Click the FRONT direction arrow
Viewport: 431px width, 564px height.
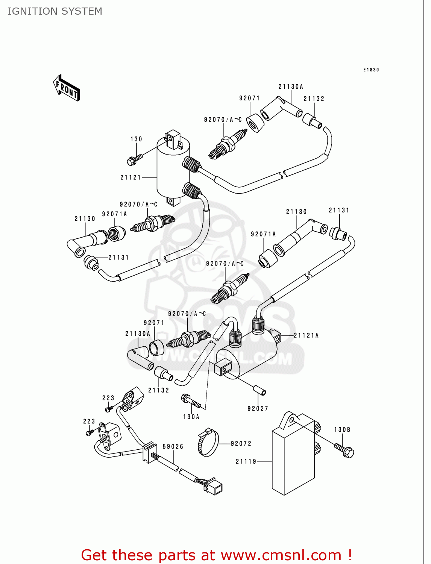pyautogui.click(x=67, y=88)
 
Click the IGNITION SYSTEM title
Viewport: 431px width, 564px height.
pyautogui.click(x=55, y=11)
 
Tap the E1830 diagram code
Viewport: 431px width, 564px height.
pyautogui.click(x=371, y=70)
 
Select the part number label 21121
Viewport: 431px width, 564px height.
pyautogui.click(x=131, y=177)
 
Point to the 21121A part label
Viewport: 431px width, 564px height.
pyautogui.click(x=306, y=335)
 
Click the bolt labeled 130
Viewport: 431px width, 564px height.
pyautogui.click(x=134, y=159)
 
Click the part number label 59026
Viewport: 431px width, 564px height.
pyautogui.click(x=173, y=447)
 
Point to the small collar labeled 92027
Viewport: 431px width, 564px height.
pyautogui.click(x=260, y=390)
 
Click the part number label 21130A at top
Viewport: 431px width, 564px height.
pyautogui.click(x=291, y=87)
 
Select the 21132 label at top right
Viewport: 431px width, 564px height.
pyautogui.click(x=314, y=99)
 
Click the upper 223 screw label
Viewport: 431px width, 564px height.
pyautogui.click(x=108, y=398)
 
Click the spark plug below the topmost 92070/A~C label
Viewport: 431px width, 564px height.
pyautogui.click(x=228, y=144)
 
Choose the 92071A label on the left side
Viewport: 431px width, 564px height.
pyautogui.click(x=115, y=214)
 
